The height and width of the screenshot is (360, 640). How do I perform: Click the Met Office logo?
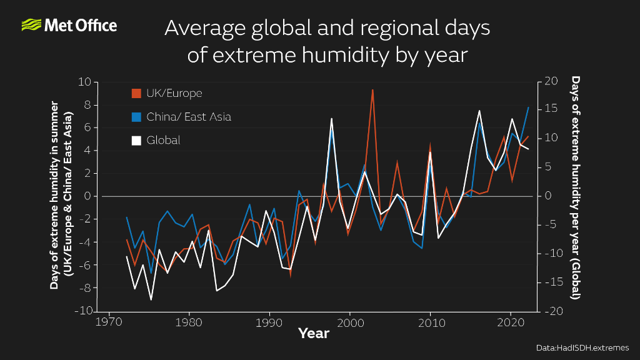[69, 26]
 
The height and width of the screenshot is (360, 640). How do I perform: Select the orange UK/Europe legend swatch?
[136, 94]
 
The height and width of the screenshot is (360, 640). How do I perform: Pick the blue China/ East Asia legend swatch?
[136, 117]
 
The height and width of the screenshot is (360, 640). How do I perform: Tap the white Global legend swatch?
[136, 141]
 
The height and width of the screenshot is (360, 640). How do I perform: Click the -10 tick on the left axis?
[83, 311]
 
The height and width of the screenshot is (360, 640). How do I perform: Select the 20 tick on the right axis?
[551, 82]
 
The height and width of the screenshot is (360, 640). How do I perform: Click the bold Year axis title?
[314, 334]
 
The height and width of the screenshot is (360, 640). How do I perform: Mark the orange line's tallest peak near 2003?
[372, 89]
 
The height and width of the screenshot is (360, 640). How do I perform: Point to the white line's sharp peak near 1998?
[331, 118]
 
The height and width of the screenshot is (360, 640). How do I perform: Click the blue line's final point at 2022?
[528, 107]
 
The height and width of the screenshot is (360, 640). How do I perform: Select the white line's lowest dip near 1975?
[151, 300]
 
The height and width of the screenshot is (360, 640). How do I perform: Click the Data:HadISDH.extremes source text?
[582, 347]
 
